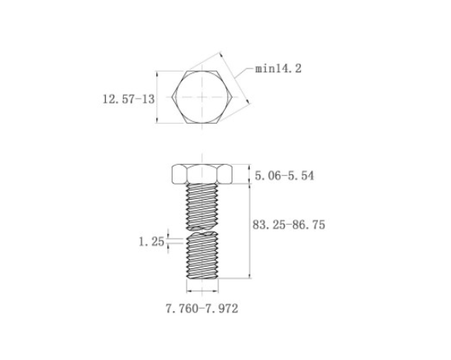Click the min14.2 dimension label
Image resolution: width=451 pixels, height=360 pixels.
click(278, 68)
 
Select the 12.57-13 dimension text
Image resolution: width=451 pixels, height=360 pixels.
click(128, 100)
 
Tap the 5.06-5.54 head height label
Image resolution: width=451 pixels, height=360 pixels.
click(285, 176)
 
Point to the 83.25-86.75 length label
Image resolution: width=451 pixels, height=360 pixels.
click(288, 225)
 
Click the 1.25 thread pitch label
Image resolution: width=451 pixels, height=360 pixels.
click(152, 242)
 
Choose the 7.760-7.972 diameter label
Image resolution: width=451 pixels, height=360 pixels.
click(202, 309)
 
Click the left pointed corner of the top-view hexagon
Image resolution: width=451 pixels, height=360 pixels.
click(172, 97)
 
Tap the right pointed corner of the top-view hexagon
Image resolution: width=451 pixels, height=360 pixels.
click(232, 97)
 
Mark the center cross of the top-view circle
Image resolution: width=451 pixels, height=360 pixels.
click(202, 97)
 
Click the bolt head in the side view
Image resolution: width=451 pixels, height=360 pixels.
click(202, 174)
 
